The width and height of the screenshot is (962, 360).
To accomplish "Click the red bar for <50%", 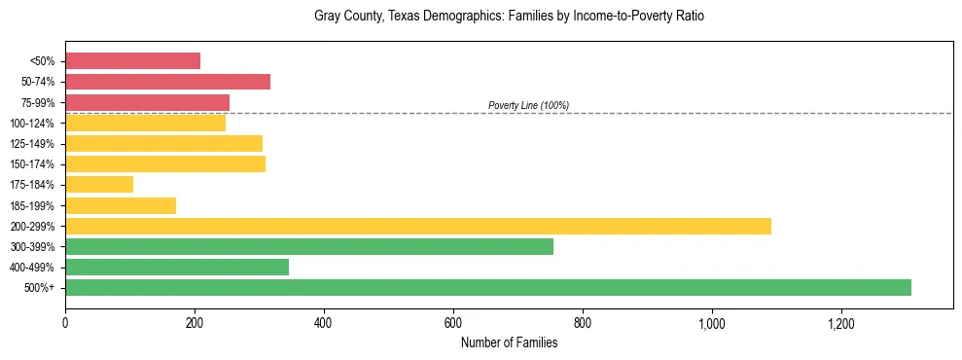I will [132, 61].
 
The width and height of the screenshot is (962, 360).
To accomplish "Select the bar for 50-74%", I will [167, 82].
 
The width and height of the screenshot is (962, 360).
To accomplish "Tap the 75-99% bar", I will [147, 102].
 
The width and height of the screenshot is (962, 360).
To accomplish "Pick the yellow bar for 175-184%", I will [99, 185].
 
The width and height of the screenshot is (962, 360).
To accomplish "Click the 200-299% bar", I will [418, 226].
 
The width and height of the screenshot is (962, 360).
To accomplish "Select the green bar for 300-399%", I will [309, 246].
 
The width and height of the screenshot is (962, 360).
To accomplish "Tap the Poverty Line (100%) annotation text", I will [528, 105].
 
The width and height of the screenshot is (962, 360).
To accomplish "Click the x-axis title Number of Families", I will [509, 342].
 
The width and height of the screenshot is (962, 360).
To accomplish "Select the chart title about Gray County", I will [509, 17].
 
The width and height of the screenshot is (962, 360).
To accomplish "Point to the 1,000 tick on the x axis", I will [711, 323].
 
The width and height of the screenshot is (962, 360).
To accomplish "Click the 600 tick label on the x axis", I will [453, 323].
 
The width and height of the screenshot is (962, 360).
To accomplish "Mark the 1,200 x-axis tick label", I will [840, 323].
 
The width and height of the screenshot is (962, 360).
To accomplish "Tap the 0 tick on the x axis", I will [65, 323].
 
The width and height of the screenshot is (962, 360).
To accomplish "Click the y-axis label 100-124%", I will [32, 124].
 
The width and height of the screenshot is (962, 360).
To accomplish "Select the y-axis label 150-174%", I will [32, 164].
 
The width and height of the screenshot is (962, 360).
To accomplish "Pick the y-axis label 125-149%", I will [32, 144].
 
